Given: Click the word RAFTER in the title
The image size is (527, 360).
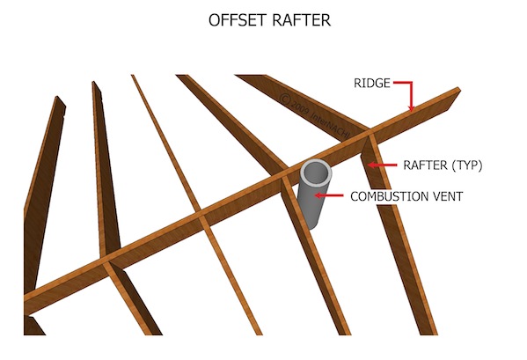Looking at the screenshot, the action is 302,20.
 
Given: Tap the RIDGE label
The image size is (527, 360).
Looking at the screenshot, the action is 372,83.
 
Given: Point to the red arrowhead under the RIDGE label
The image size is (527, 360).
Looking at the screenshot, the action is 410,107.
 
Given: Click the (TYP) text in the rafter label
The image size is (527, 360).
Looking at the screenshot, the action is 467,165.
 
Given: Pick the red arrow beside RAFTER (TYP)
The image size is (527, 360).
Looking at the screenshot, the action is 382,165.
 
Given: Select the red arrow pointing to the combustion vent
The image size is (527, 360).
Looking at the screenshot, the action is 329,195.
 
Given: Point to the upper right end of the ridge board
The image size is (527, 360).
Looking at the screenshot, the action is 458,89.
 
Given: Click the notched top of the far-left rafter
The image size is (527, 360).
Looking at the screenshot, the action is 60,101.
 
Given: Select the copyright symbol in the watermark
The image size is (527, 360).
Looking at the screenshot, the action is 285,99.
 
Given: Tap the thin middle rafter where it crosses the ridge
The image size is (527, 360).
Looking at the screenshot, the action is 201,214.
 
